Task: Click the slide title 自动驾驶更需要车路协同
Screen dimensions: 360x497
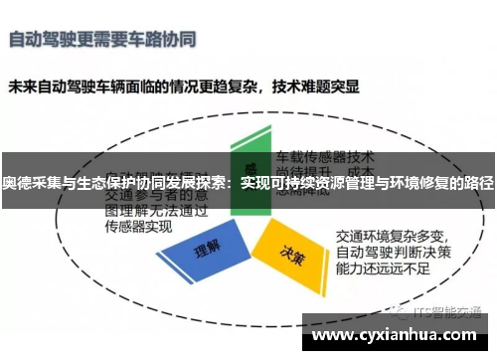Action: click(102, 41)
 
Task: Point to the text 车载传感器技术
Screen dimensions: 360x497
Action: click(324, 156)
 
